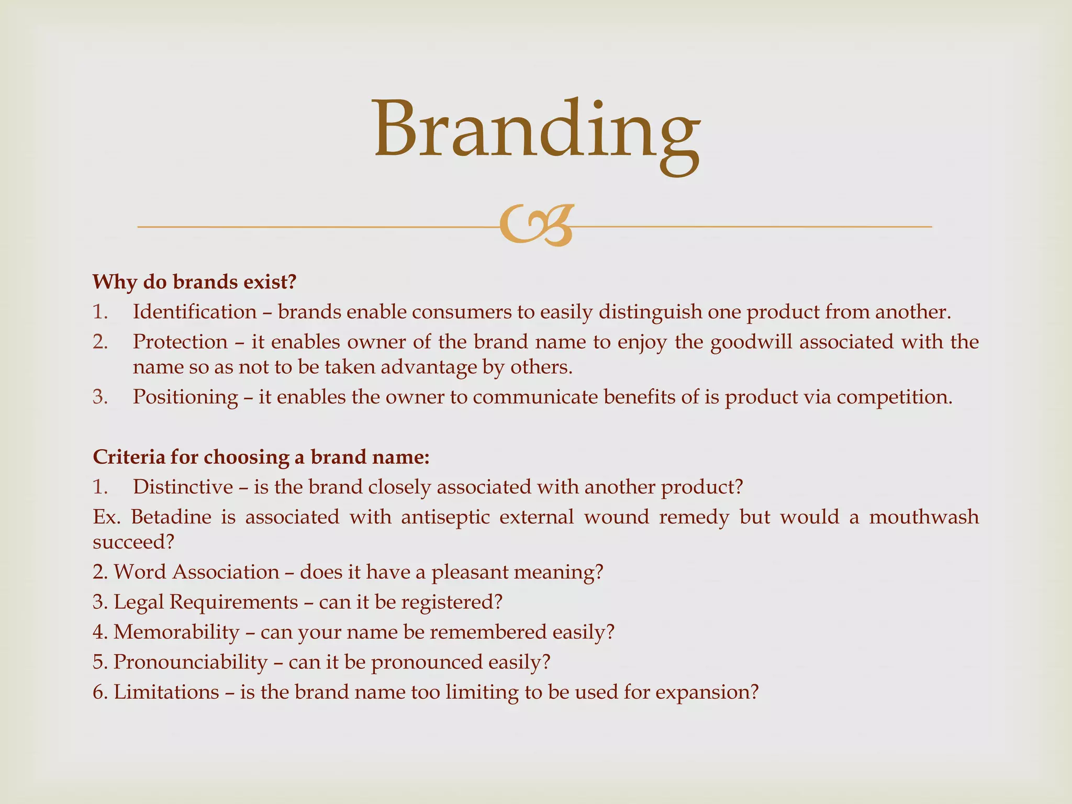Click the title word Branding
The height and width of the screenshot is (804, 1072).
point(536,131)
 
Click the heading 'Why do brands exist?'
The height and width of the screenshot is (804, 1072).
point(195,282)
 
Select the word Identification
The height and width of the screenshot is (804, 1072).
point(195,312)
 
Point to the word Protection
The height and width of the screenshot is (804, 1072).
point(180,342)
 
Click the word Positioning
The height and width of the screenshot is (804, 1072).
point(185,397)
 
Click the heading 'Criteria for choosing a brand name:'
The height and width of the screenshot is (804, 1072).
point(261,457)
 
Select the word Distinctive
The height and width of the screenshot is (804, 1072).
point(183,487)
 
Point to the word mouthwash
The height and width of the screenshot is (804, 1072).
point(923,517)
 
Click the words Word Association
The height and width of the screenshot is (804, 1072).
point(197,572)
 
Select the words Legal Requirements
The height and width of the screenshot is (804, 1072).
point(206,602)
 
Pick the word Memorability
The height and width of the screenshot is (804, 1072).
point(176,632)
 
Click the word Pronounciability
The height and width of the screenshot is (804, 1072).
point(191,662)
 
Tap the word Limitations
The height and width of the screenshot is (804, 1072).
point(166,692)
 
